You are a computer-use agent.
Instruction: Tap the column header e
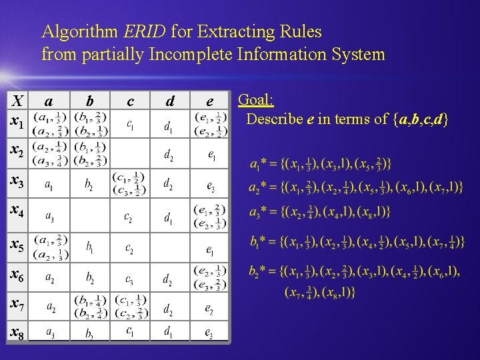click(210, 101)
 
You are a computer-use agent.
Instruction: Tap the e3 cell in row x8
click(210, 331)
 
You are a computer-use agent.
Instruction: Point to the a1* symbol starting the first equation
click(257, 163)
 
